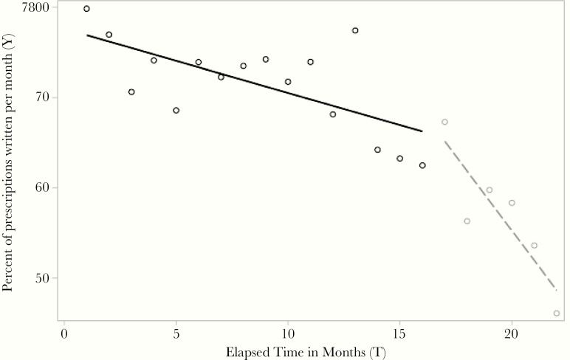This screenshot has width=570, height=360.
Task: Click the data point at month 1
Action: [x=86, y=9]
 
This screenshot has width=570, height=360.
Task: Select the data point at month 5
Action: [x=176, y=111]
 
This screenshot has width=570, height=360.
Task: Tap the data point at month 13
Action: [x=355, y=30]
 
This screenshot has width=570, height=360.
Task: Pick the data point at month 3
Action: [x=131, y=92]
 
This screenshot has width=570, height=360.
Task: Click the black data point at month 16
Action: [x=422, y=165]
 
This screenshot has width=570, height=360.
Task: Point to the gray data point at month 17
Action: [x=444, y=122]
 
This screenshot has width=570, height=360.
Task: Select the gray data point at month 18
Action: [x=467, y=221]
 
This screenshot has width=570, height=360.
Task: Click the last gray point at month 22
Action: [x=557, y=314]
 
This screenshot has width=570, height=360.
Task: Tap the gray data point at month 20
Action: [x=512, y=203]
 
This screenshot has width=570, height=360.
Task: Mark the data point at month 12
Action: [x=333, y=114]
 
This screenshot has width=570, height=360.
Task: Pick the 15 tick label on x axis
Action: [x=399, y=332]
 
